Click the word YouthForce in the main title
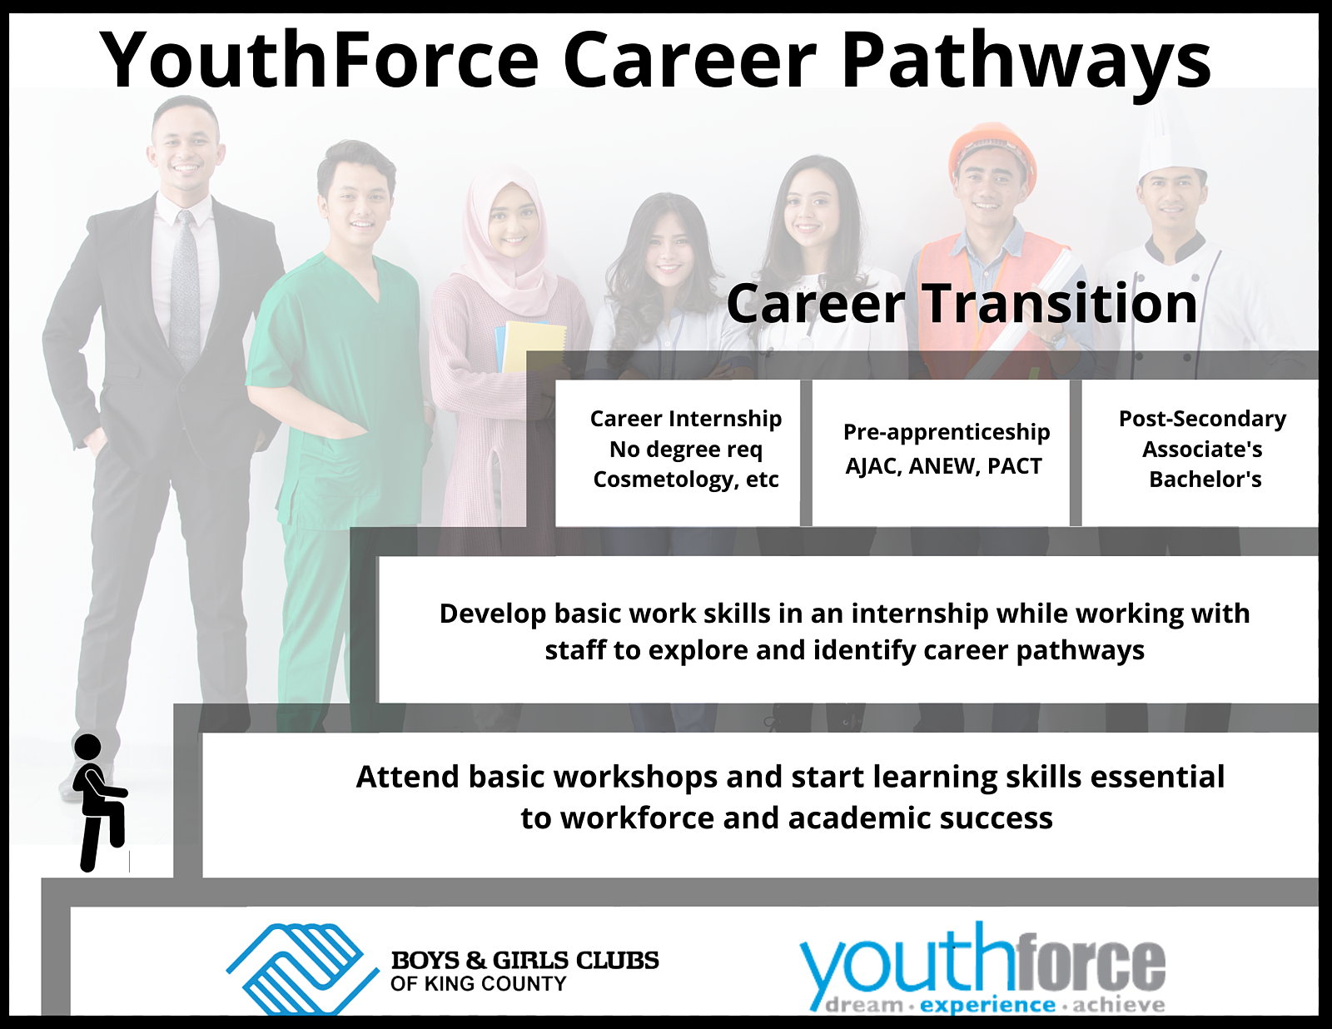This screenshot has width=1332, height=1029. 320,60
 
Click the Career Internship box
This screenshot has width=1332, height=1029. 678,452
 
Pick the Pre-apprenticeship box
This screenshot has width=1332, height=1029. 941,452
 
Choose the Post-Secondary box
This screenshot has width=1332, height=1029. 1200,452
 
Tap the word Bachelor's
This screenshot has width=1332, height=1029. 1205,480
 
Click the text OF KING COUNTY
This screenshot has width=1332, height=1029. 478,984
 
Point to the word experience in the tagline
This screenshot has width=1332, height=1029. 987,1006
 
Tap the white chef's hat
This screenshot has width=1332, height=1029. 1170,140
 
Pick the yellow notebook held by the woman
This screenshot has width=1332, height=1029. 534,347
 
